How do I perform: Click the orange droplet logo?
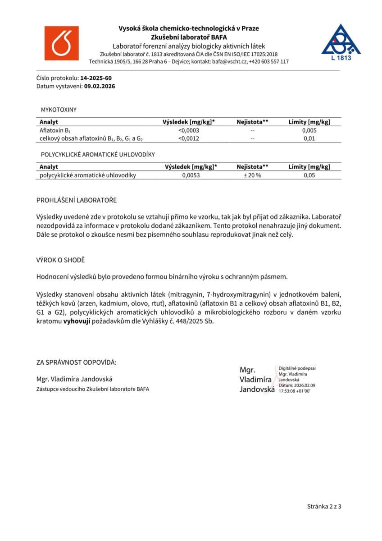[61, 43]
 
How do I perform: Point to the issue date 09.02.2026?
[100, 86]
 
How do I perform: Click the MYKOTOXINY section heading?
[59, 110]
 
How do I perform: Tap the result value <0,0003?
[189, 130]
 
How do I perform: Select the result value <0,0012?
[189, 138]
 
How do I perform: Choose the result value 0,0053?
[191, 175]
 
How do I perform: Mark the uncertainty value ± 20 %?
[252, 175]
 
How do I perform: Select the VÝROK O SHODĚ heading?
[60, 261]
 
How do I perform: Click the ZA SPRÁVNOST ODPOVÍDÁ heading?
[76, 362]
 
